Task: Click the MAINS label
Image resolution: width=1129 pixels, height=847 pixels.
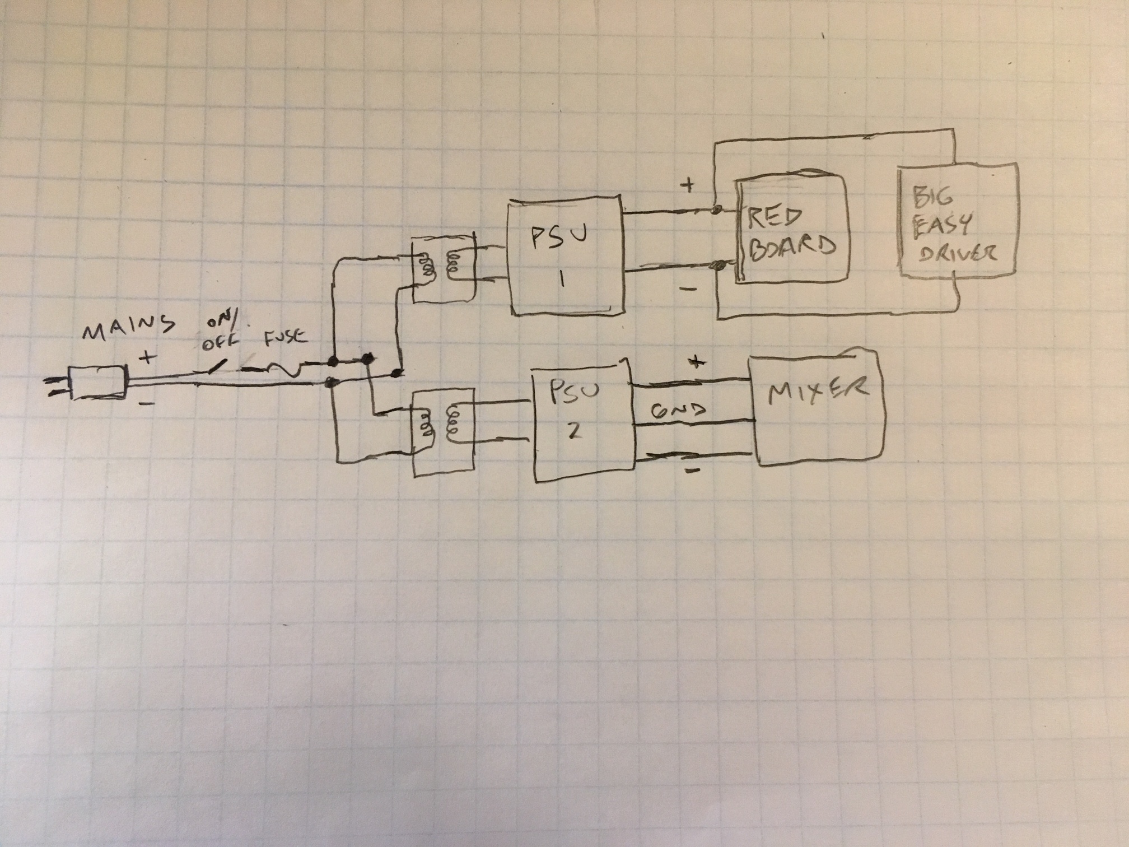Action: pyautogui.click(x=128, y=328)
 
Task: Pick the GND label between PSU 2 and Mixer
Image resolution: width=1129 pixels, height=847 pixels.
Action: pyautogui.click(x=678, y=412)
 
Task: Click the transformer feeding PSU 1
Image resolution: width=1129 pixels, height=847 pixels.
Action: pyautogui.click(x=443, y=269)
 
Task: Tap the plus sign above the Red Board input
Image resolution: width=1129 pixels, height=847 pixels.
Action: pyautogui.click(x=688, y=185)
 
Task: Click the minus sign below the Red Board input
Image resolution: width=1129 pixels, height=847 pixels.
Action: pyautogui.click(x=689, y=290)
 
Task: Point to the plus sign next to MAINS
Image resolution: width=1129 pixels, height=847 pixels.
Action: pyautogui.click(x=148, y=357)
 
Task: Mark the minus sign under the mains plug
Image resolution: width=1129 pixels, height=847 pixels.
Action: pyautogui.click(x=146, y=402)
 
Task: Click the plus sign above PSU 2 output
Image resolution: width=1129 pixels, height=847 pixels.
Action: pyautogui.click(x=696, y=362)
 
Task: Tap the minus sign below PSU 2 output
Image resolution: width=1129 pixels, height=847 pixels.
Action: pyautogui.click(x=693, y=471)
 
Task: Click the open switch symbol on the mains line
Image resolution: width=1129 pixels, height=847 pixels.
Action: pyautogui.click(x=216, y=367)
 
